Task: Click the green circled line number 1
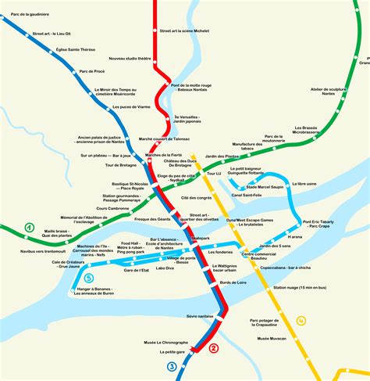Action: (30, 228)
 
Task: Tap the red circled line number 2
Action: (212, 349)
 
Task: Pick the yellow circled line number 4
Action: (301, 320)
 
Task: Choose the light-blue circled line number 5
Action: (88, 277)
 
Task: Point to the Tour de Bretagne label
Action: (121, 165)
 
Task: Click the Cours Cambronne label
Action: (112, 209)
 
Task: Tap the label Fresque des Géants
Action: (152, 219)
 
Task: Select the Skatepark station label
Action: (201, 237)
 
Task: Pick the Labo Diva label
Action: (165, 268)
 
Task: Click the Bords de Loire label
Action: (233, 281)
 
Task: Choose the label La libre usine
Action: (304, 184)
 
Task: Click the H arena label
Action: (294, 236)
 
